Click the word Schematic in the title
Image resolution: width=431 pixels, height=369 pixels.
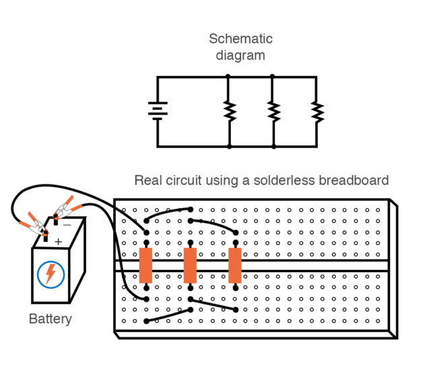coord(240,39)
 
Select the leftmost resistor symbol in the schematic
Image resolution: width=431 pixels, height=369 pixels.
coord(229,110)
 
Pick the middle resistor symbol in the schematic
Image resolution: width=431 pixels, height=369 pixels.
coord(273,110)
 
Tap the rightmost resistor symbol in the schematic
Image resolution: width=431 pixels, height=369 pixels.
coord(316,110)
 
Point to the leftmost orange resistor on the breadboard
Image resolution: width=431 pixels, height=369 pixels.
coord(145,265)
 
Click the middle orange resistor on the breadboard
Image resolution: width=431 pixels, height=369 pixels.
coord(191,265)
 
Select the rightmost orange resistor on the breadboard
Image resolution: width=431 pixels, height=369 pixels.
coord(235,265)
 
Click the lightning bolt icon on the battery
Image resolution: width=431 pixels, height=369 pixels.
coord(50,273)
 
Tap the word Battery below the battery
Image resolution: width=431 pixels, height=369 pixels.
coord(51,318)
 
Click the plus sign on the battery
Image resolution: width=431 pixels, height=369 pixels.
coord(59,241)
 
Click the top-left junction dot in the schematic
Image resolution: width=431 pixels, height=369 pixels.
coord(229,77)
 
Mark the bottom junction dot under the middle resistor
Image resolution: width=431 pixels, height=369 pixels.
coord(273,146)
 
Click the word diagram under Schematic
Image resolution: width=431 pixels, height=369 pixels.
coord(240,55)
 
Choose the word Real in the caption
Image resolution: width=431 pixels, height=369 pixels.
coord(147,180)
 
